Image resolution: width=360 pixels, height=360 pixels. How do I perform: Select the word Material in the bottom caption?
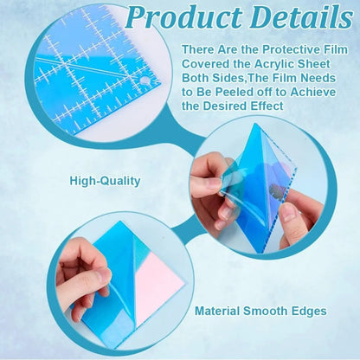(x=222, y=310)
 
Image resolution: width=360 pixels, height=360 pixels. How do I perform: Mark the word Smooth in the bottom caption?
(x=272, y=310)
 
